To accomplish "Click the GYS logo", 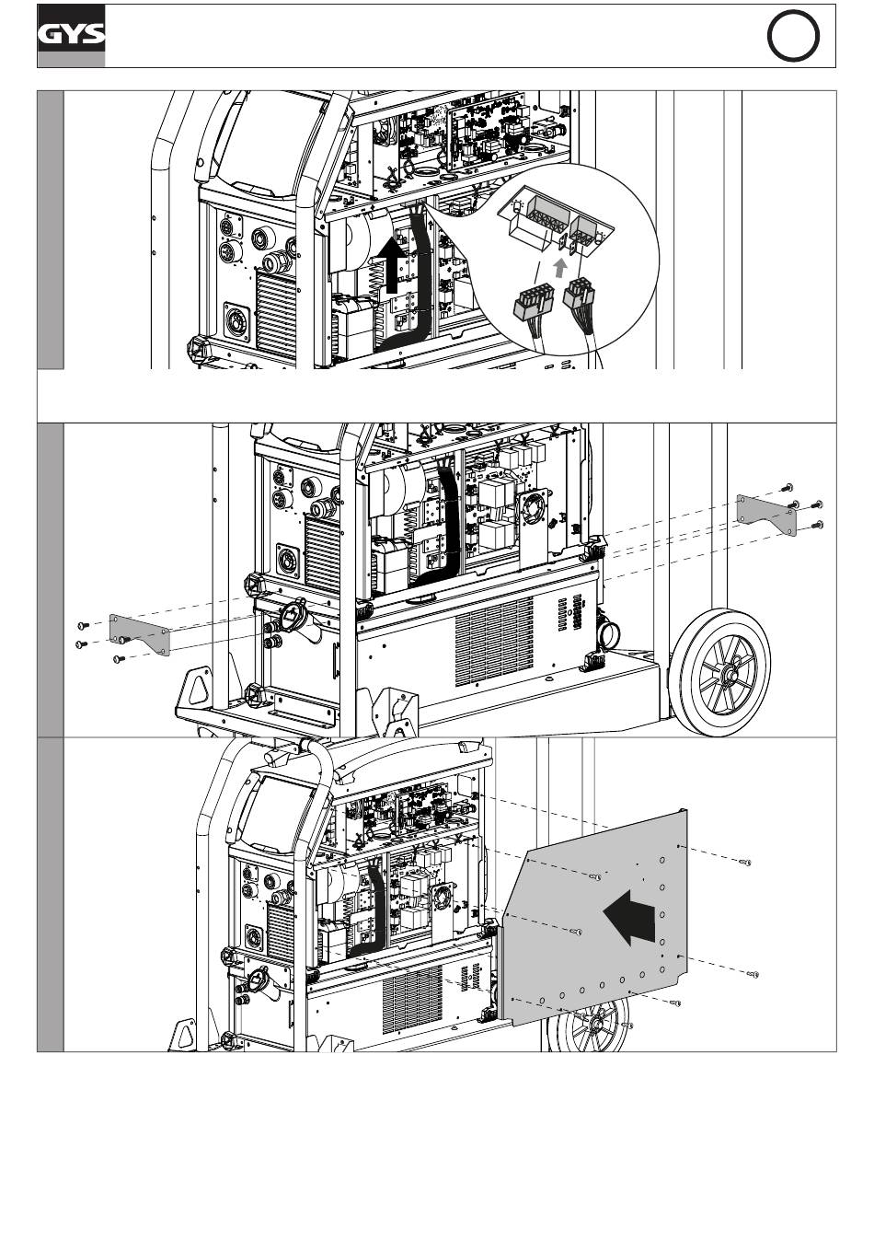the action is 71,35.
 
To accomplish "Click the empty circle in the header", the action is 793,35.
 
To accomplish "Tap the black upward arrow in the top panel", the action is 392,264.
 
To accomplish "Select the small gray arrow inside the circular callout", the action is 559,268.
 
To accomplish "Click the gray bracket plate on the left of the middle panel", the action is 140,634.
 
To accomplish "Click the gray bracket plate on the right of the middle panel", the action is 766,515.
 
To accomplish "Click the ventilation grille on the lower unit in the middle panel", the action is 494,642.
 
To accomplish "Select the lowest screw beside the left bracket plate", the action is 119,659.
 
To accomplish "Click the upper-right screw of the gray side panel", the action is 746,863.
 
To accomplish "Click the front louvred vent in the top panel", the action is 276,312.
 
